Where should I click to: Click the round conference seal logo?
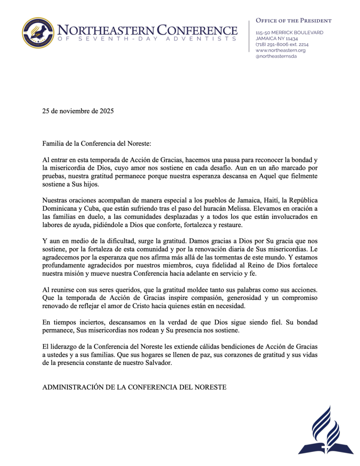click(38, 32)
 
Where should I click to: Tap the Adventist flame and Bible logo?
click(325, 431)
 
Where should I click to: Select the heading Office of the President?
click(294, 20)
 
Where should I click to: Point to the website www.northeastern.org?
click(280, 51)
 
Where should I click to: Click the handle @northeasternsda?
click(276, 56)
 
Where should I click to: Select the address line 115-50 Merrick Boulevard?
click(289, 33)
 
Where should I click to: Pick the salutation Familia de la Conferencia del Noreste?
click(96, 144)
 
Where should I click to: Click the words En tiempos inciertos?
click(68, 322)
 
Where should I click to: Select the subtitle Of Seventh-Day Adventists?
click(147, 40)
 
